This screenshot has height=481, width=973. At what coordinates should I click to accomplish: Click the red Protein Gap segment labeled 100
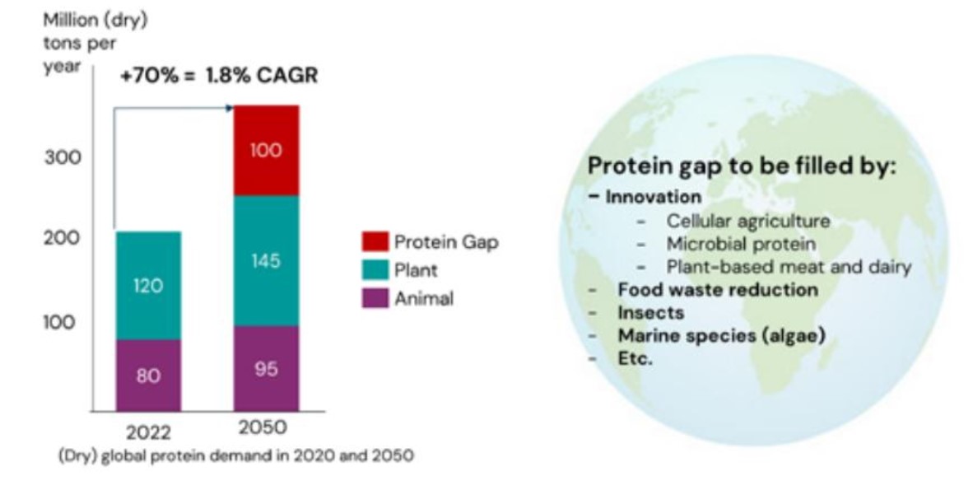(x=266, y=151)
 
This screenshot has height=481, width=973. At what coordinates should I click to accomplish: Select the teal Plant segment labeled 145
(x=266, y=261)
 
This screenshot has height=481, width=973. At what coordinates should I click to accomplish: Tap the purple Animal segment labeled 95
(x=266, y=368)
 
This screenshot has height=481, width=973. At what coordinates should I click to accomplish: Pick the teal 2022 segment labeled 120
(x=148, y=286)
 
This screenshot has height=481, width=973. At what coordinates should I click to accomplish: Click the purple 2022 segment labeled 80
(x=148, y=376)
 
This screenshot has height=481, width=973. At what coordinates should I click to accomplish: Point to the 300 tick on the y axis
(x=62, y=157)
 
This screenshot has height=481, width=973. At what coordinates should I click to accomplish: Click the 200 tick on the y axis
(x=62, y=239)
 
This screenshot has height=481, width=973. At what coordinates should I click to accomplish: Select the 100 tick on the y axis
(x=62, y=322)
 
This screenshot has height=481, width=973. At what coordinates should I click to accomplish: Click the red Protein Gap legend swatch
(x=374, y=242)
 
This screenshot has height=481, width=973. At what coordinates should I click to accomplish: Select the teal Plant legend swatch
(x=374, y=270)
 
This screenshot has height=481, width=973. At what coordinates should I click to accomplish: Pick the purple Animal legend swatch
(x=374, y=297)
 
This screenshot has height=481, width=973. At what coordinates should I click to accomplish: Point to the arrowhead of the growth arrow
(x=230, y=107)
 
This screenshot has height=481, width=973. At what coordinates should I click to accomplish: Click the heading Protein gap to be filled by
(x=741, y=166)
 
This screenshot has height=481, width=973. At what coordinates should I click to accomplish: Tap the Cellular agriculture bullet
(x=747, y=221)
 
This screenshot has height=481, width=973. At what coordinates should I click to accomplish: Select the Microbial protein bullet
(x=741, y=244)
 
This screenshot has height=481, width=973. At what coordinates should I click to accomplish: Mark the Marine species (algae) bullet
(x=721, y=336)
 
